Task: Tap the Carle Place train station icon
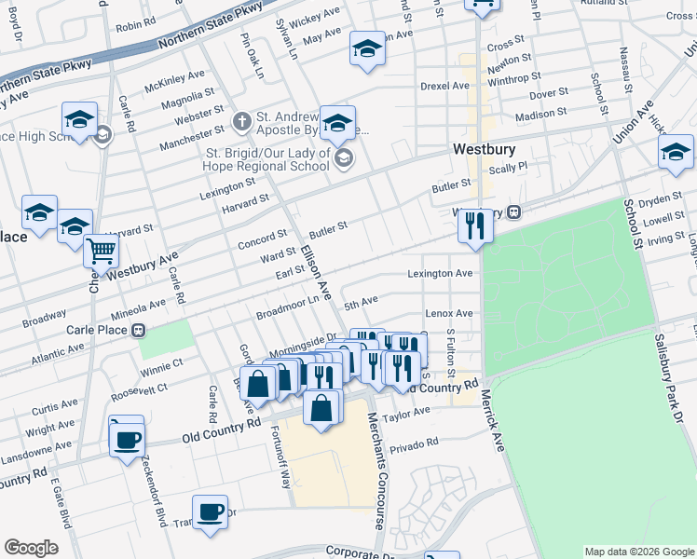(138, 330)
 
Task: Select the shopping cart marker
(101, 250)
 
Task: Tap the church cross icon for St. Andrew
(241, 120)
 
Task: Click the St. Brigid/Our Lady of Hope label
(267, 159)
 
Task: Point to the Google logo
(31, 547)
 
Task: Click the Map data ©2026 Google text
(638, 552)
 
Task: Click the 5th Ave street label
(361, 304)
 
